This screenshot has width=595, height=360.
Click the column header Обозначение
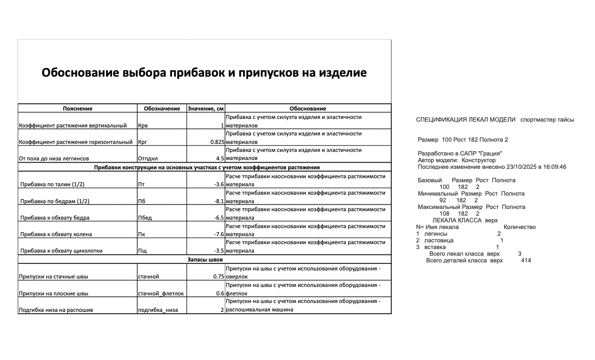pos(162,108)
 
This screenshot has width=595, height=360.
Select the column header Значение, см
pos(206,108)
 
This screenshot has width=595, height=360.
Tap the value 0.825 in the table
pos(217,142)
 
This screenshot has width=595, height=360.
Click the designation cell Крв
pos(143,126)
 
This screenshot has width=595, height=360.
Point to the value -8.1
pos(218,201)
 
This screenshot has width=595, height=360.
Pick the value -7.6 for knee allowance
pos(218,234)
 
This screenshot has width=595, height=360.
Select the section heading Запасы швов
pos(205,259)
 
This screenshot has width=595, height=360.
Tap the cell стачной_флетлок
pos(161,293)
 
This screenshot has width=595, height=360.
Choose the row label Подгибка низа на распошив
pos(56,310)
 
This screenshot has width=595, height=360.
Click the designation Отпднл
pos(148,158)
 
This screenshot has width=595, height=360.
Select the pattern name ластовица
pos(439,241)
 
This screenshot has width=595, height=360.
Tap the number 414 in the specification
pos(526,261)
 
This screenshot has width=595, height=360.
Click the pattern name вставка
pos(435,247)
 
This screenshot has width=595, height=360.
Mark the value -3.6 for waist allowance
pos(218,184)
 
